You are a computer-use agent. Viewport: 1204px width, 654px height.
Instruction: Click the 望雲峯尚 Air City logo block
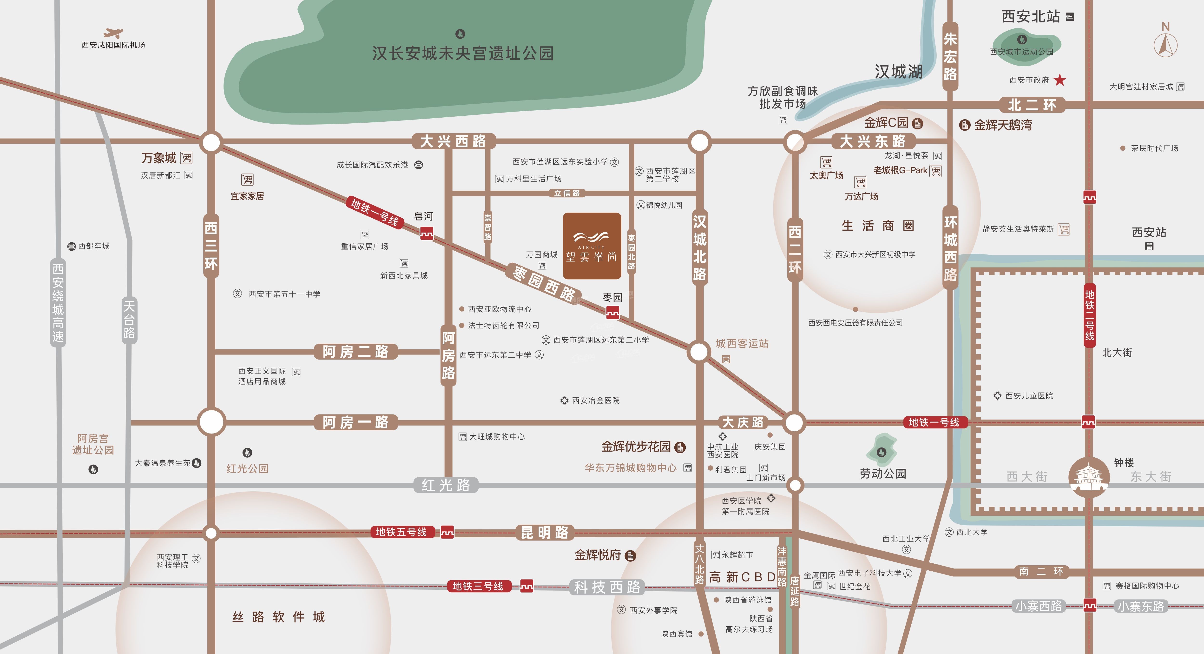[x=592, y=246]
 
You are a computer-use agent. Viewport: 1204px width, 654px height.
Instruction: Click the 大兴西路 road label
[x=453, y=141]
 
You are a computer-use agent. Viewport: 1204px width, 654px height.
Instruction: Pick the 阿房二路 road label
[x=355, y=352]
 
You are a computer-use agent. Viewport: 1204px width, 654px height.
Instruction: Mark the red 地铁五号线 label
[x=401, y=532]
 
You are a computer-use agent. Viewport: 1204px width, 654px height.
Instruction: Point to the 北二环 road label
[x=1032, y=105]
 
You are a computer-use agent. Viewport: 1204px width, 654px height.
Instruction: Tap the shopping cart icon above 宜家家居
[x=247, y=180]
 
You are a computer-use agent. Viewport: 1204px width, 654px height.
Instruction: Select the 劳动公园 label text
[x=883, y=474]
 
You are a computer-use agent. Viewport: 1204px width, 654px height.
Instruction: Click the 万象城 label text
[x=159, y=158]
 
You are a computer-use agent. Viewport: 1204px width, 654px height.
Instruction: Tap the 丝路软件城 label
[x=279, y=617]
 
